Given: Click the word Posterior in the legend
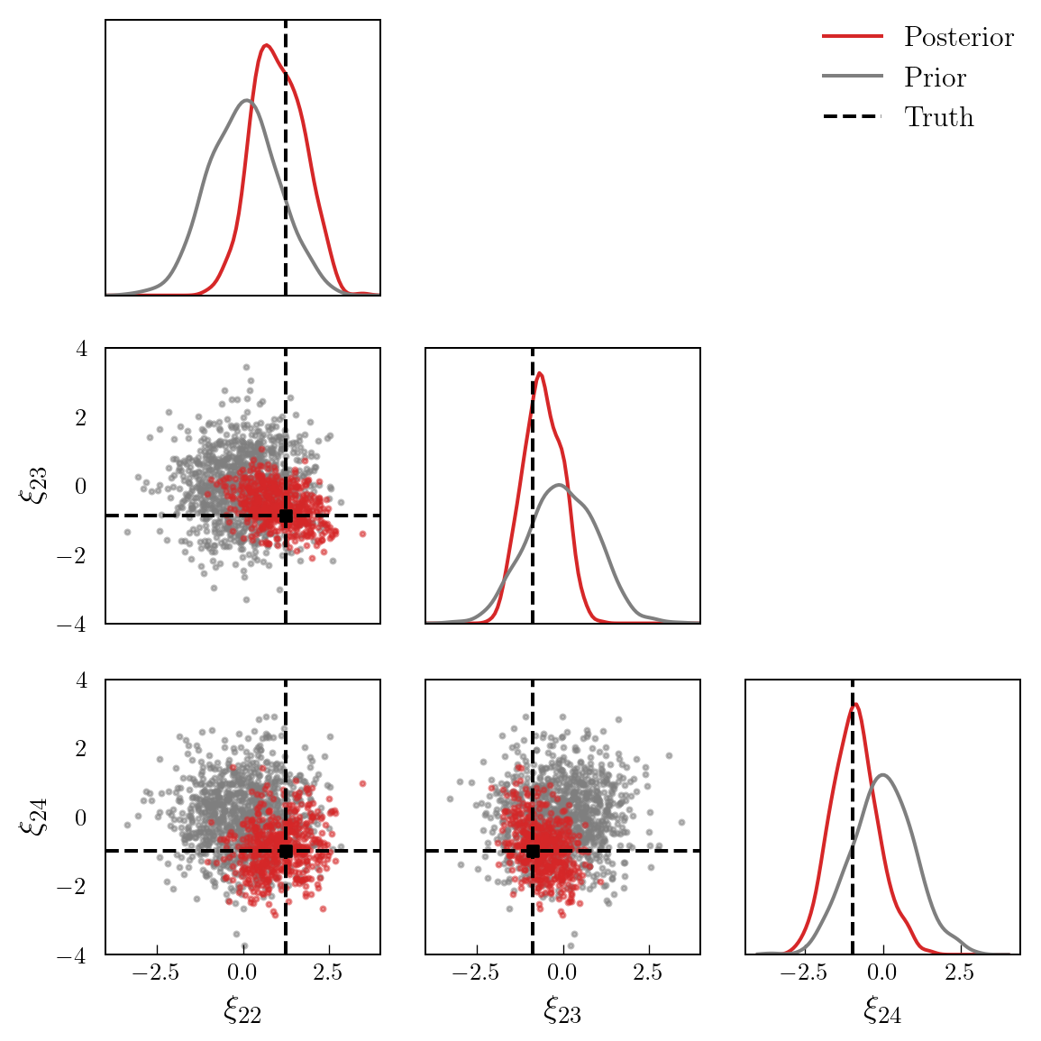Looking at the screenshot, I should [x=958, y=37].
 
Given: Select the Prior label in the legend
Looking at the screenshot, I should [x=935, y=78].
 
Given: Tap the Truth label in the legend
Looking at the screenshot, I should [x=938, y=117].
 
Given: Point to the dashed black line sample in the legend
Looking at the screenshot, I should [x=852, y=117].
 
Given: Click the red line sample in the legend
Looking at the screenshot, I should [x=852, y=37].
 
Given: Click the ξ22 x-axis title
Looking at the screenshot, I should [x=242, y=1010].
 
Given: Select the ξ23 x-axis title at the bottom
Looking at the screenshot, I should [x=562, y=1010].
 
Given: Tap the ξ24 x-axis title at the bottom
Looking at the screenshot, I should [x=882, y=1010].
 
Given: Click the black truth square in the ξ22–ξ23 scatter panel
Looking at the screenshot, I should [x=286, y=516].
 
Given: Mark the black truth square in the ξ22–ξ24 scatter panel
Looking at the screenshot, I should [x=286, y=851].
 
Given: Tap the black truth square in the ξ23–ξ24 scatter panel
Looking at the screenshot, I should [x=533, y=851].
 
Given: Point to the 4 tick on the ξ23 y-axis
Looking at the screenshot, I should [x=82, y=348].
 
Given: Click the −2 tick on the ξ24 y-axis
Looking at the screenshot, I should [x=73, y=886].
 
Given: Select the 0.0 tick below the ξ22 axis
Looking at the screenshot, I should [x=242, y=973].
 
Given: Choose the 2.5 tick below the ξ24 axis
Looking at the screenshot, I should [x=960, y=973].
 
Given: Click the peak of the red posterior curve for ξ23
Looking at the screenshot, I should [x=539, y=373].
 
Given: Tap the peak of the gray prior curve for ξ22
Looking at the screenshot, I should [x=247, y=100].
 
